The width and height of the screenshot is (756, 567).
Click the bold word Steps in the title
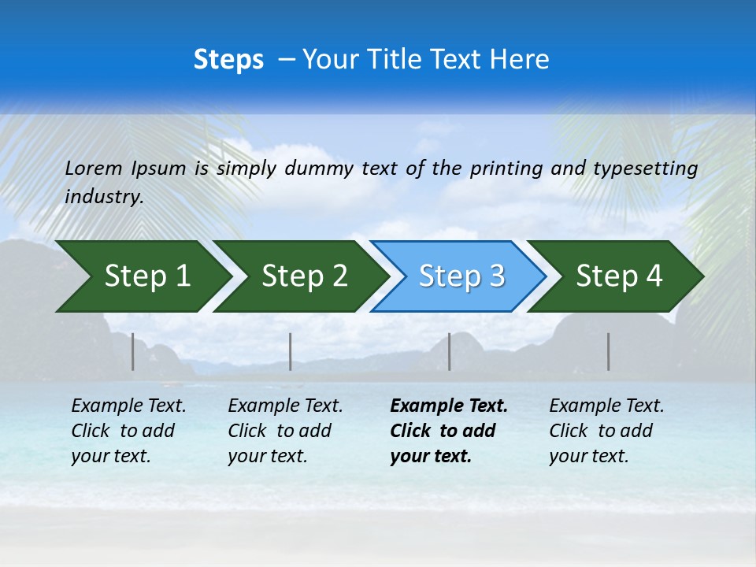pos(228,60)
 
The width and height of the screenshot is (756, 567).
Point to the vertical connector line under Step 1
pos(133,351)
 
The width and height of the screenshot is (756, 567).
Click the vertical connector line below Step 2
pos(291,351)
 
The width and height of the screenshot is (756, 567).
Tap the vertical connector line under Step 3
pos(450,351)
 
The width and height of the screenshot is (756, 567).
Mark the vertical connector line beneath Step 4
pos(609,351)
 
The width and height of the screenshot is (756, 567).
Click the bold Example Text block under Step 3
pos(449,431)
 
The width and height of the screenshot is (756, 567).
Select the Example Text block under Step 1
pos(128,431)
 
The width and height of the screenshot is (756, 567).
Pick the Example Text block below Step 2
pos(285,431)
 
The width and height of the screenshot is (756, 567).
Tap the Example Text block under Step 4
pos(606,431)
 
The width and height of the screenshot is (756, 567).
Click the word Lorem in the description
pos(94,168)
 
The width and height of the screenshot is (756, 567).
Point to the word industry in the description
pos(103,197)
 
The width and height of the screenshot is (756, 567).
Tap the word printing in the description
pos(506,169)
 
